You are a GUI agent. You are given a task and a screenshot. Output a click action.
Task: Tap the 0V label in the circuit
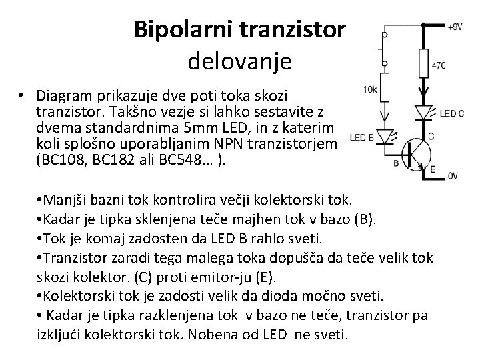click(453, 176)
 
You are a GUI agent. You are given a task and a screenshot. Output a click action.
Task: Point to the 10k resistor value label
click(370, 89)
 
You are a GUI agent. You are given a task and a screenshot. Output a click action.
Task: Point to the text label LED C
click(453, 114)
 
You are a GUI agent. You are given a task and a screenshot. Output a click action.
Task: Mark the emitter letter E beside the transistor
click(433, 169)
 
